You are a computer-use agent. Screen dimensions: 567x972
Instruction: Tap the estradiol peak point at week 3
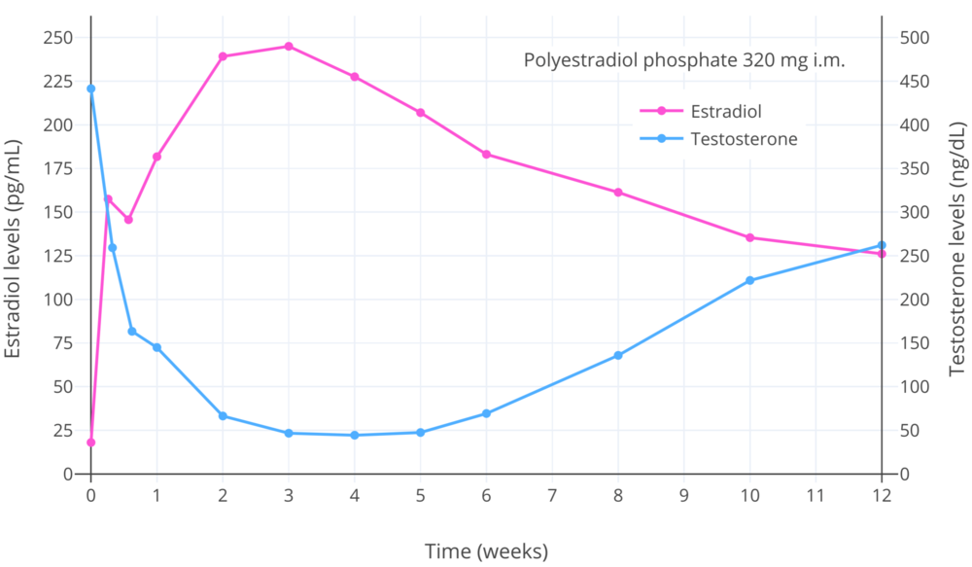pyautogui.click(x=289, y=46)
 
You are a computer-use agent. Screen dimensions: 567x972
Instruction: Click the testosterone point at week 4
pyautogui.click(x=355, y=435)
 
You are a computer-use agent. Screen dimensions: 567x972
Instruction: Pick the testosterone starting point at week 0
pyautogui.click(x=91, y=89)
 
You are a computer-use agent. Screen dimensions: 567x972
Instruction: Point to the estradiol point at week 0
pyautogui.click(x=91, y=443)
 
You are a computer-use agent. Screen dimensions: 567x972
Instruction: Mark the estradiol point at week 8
pyautogui.click(x=618, y=193)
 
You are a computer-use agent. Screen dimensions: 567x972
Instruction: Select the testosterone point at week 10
pyautogui.click(x=750, y=280)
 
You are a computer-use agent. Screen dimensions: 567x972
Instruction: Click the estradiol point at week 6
pyautogui.click(x=486, y=154)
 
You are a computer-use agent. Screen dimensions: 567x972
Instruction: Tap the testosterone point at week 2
pyautogui.click(x=223, y=416)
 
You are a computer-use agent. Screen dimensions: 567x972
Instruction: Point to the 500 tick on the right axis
pyautogui.click(x=915, y=38)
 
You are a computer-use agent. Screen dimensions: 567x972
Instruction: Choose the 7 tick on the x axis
pyautogui.click(x=552, y=494)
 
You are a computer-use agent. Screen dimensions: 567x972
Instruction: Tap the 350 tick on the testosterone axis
pyautogui.click(x=915, y=168)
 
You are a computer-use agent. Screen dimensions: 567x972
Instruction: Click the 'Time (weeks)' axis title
pyautogui.click(x=486, y=551)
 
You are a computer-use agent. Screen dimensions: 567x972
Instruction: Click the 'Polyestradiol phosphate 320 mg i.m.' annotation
pyautogui.click(x=684, y=60)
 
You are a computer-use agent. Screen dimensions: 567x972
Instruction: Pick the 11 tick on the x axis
pyautogui.click(x=816, y=494)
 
